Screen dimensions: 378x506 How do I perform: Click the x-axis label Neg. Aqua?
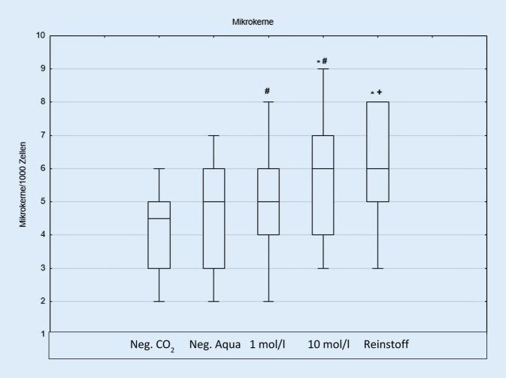tap(215, 346)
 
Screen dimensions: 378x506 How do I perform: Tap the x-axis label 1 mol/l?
tap(268, 346)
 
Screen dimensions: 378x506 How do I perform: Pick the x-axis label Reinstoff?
tap(386, 346)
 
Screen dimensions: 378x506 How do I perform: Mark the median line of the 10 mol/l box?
tap(323, 168)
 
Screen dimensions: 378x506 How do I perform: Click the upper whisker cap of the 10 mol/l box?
tap(323, 69)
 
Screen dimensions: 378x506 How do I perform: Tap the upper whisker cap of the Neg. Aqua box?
tap(214, 136)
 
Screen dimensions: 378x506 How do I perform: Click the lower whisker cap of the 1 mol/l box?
tap(268, 301)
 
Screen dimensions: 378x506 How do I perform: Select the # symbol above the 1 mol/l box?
tap(267, 91)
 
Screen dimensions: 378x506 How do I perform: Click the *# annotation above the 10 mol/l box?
tap(323, 62)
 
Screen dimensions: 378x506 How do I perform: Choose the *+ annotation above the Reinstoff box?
tap(382, 92)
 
